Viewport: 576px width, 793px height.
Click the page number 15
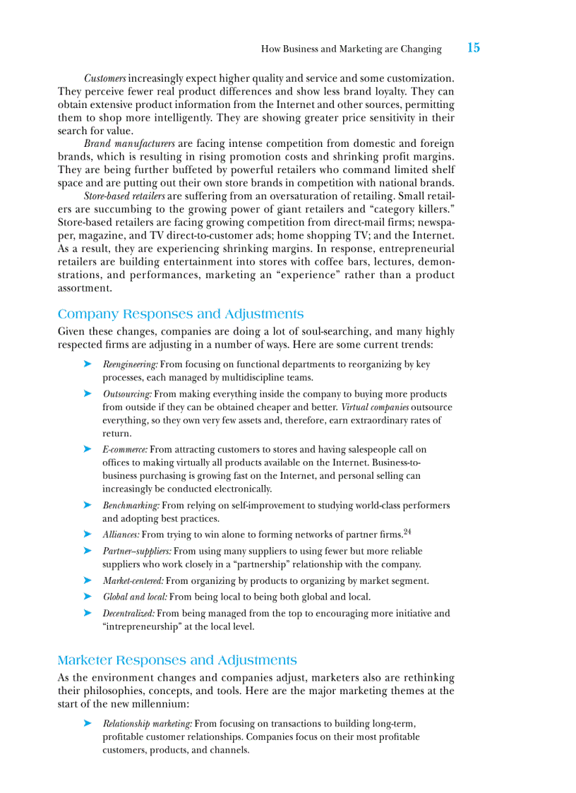click(473, 48)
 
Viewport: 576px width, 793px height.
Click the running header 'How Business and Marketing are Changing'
click(351, 49)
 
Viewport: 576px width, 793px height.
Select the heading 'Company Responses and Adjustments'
click(181, 314)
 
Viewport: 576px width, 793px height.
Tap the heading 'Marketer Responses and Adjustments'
click(177, 660)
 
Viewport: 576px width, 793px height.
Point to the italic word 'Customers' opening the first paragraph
click(105, 78)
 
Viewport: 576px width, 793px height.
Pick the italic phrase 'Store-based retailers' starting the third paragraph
click(124, 196)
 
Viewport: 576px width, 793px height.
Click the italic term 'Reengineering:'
click(131, 365)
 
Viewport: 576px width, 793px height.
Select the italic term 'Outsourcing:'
click(127, 395)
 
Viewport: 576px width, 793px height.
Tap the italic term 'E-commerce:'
click(125, 450)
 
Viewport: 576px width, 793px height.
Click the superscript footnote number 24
click(407, 532)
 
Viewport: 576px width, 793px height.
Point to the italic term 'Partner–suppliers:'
click(136, 551)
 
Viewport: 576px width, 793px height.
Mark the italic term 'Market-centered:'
click(133, 581)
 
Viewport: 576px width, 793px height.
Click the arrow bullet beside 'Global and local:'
click(88, 597)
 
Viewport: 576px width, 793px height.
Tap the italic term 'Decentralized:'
click(128, 614)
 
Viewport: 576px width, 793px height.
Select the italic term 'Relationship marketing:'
click(147, 724)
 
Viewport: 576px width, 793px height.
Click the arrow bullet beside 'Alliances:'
click(88, 535)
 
